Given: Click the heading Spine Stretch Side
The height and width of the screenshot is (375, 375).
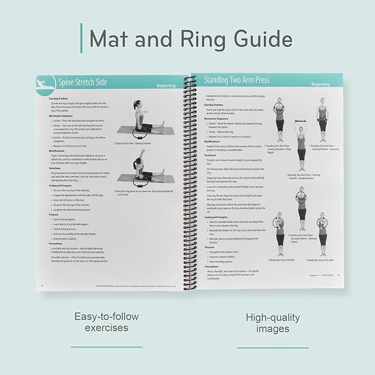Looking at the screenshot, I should (83, 83).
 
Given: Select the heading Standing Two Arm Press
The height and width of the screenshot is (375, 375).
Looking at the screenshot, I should (236, 80).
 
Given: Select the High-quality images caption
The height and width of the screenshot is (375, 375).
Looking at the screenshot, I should (273, 323).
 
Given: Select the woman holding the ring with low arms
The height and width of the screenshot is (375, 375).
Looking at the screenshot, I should (321, 119).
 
